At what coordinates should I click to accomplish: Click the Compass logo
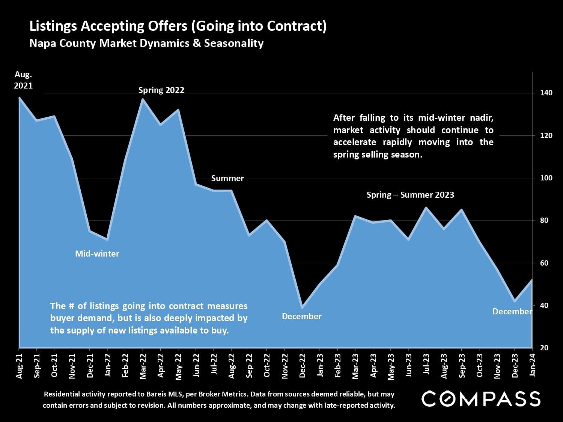tap(481, 399)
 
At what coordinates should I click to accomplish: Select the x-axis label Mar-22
tap(143, 366)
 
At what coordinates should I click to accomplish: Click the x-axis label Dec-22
tap(303, 366)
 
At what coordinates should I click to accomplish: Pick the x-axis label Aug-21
tap(19, 366)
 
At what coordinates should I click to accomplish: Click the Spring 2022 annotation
tap(161, 90)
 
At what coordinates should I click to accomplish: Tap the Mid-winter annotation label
tap(97, 254)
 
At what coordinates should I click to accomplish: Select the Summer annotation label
tap(227, 178)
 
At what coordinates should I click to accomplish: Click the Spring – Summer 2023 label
tap(410, 195)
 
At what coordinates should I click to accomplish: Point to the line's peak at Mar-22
tap(143, 99)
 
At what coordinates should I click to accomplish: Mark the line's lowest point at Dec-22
tap(302, 307)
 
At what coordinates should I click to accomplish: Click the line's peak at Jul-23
tap(426, 207)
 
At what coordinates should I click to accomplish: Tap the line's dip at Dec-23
tap(515, 301)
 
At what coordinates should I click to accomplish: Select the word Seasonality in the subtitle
tap(234, 43)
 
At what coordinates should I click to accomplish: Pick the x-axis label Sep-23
tap(462, 366)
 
